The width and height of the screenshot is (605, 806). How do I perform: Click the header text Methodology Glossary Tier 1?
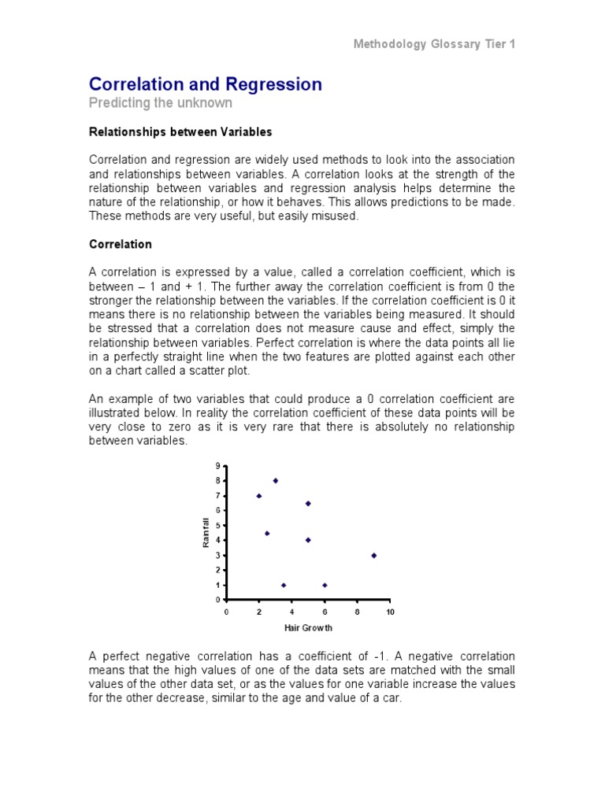[434, 45]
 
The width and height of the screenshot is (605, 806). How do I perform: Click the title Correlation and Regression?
[206, 84]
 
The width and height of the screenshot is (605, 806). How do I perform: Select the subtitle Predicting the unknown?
[161, 104]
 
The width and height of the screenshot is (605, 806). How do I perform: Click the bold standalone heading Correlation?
[121, 245]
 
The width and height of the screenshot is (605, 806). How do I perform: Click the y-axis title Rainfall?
[206, 532]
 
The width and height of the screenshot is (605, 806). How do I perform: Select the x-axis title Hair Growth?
[308, 628]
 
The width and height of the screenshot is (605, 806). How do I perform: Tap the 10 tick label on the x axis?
[390, 612]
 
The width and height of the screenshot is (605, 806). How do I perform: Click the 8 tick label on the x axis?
[357, 612]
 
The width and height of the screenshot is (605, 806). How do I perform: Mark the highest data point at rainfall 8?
[276, 481]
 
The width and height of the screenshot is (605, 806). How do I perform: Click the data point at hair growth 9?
[373, 556]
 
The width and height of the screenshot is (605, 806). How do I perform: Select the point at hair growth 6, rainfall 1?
[325, 585]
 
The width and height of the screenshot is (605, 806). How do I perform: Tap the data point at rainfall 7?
[259, 496]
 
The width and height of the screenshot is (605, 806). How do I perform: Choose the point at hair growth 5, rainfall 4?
[308, 540]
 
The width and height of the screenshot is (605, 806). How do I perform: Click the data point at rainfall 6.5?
[308, 503]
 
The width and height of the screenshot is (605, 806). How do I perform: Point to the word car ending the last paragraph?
[392, 698]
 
